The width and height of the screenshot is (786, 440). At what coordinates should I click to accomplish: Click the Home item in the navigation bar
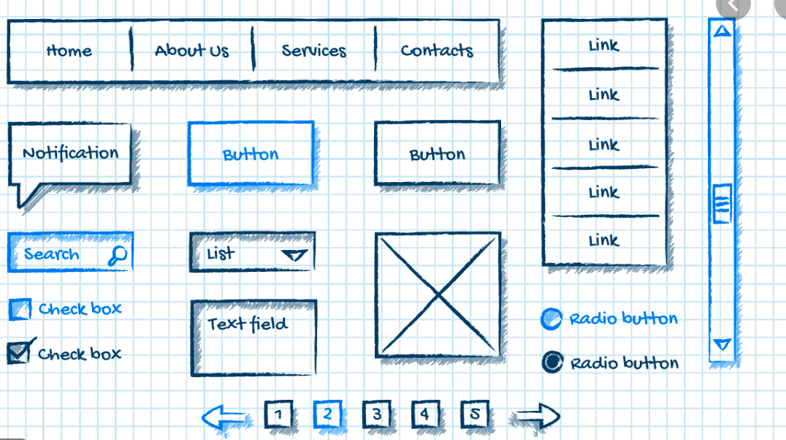click(x=69, y=50)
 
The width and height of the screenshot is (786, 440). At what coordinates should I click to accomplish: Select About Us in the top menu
click(x=191, y=50)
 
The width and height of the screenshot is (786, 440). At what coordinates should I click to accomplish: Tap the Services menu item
click(x=314, y=50)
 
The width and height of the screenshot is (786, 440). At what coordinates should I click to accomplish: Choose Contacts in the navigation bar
click(x=437, y=50)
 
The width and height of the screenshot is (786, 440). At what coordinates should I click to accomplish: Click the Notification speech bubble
click(x=71, y=153)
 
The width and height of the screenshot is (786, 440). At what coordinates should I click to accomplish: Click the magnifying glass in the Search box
click(x=117, y=254)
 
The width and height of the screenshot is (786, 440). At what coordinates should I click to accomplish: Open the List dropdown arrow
click(x=294, y=254)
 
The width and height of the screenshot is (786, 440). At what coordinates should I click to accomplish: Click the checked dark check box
click(x=19, y=353)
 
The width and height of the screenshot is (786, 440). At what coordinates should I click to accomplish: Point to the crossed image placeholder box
click(x=438, y=295)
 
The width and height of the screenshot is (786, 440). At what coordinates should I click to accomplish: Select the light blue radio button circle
click(x=551, y=319)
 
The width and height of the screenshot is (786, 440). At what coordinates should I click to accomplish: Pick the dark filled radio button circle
click(x=552, y=362)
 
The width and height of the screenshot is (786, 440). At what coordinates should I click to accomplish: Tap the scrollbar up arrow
click(x=722, y=31)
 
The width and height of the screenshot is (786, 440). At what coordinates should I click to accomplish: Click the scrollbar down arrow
click(x=722, y=344)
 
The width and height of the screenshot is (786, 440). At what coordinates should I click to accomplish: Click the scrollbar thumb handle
click(x=722, y=204)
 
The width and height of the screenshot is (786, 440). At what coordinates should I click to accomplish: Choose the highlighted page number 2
click(x=327, y=414)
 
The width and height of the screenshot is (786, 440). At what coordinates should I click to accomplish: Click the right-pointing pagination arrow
click(x=538, y=417)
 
